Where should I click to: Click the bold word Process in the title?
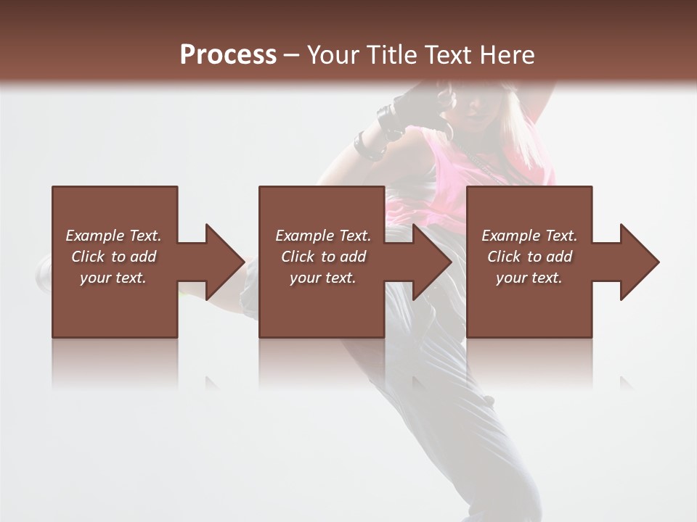click(x=228, y=55)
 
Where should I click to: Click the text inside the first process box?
click(x=113, y=257)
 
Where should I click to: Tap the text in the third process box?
click(x=529, y=257)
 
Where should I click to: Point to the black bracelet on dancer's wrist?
click(x=368, y=146)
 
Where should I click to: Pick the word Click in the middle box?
click(x=296, y=257)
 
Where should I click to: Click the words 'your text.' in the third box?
click(x=529, y=278)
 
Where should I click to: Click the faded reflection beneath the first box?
click(x=115, y=362)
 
